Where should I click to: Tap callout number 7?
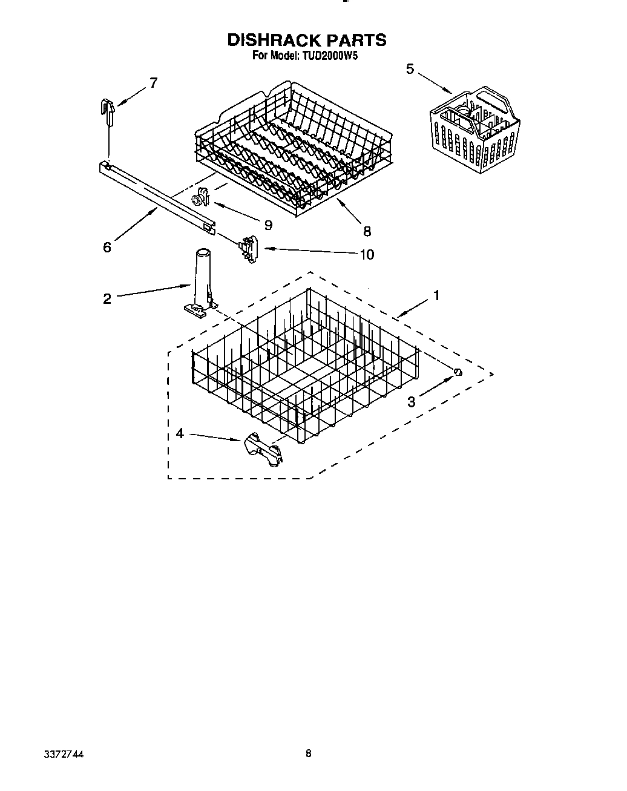pyautogui.click(x=153, y=83)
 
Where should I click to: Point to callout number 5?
pyautogui.click(x=410, y=70)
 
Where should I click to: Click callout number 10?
pyautogui.click(x=367, y=254)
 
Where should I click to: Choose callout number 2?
pyautogui.click(x=107, y=298)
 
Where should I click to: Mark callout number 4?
pyautogui.click(x=180, y=433)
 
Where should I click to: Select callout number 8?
pyautogui.click(x=367, y=231)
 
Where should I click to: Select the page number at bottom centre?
pyautogui.click(x=309, y=754)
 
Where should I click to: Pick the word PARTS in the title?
pyautogui.click(x=356, y=40)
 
